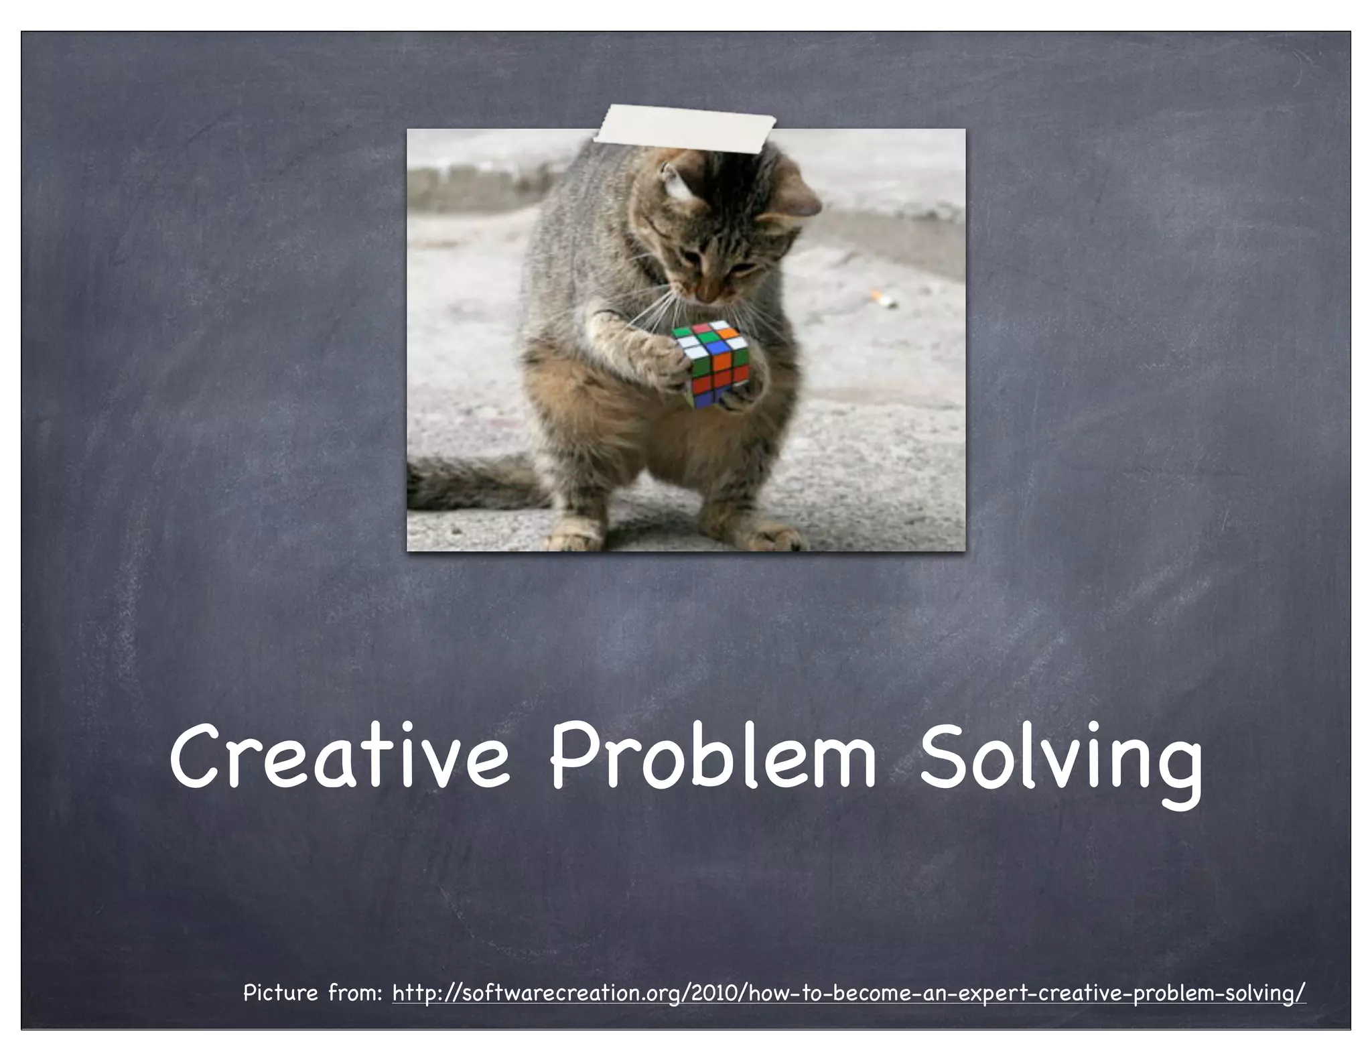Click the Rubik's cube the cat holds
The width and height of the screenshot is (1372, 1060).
click(x=711, y=362)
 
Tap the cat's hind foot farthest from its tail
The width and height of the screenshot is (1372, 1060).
click(x=777, y=536)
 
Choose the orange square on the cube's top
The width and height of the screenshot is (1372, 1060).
click(x=729, y=331)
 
